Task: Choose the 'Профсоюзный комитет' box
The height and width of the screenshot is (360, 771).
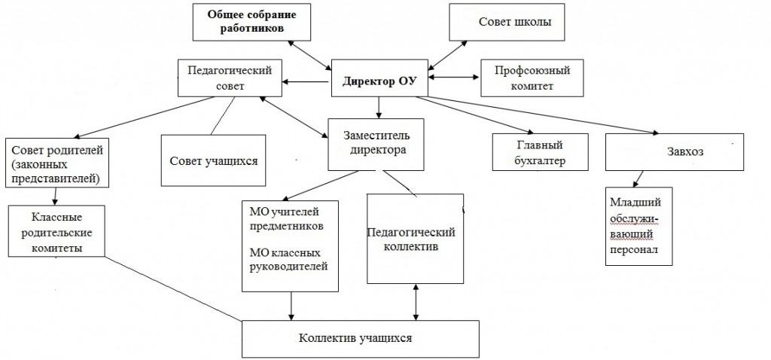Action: click(x=531, y=78)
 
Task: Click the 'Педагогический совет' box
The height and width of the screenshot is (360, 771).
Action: click(x=230, y=77)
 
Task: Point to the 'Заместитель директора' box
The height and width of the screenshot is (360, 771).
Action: click(x=376, y=143)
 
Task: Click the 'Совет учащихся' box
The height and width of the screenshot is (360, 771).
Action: click(x=214, y=160)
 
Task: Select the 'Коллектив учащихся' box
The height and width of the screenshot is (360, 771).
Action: click(x=360, y=338)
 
